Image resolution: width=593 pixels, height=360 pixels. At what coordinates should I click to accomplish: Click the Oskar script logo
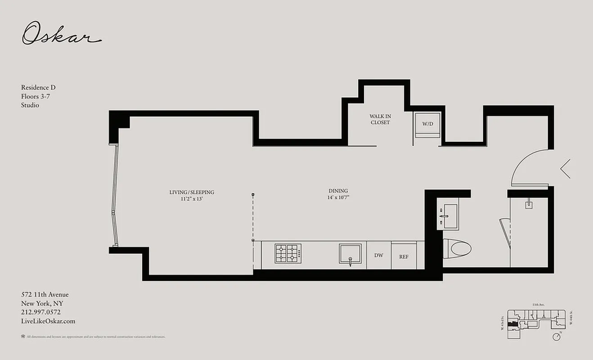[61, 34]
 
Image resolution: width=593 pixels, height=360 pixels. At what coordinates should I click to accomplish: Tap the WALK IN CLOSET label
[380, 119]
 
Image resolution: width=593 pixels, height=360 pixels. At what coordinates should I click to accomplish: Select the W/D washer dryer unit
[427, 124]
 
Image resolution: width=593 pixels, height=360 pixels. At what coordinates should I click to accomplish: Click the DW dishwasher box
[379, 255]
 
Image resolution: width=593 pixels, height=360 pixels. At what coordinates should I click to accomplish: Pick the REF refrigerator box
[404, 256]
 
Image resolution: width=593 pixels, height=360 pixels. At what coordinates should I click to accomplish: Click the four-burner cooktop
[288, 253]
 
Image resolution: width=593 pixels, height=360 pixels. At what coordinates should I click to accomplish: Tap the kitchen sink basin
[350, 254]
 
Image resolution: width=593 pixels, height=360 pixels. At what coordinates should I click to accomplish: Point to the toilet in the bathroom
[457, 248]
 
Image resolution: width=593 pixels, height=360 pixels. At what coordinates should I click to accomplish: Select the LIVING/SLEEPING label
[192, 192]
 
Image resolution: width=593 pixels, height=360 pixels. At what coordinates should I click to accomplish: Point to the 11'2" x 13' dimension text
[192, 199]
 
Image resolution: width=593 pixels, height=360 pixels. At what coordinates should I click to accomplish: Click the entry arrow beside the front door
[566, 169]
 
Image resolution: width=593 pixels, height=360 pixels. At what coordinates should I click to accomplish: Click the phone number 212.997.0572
[41, 312]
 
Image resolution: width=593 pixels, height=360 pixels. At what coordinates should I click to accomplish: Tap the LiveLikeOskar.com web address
[48, 321]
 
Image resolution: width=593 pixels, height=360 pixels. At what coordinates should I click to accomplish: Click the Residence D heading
[38, 87]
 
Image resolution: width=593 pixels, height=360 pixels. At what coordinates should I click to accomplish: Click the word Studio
[30, 105]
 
